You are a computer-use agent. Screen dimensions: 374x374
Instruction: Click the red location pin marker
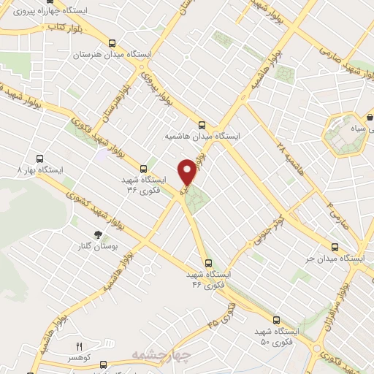point(188,172)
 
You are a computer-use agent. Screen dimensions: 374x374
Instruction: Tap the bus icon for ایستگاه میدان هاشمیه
point(202,125)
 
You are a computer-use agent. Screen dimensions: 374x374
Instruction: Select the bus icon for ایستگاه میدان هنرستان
point(112,42)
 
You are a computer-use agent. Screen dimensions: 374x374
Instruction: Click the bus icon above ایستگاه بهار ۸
point(39,158)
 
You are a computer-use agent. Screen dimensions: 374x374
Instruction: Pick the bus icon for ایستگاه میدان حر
point(335,247)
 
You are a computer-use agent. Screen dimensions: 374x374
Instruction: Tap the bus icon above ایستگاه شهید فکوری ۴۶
point(209,263)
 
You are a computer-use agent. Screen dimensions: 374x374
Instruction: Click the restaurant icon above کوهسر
point(80,346)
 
